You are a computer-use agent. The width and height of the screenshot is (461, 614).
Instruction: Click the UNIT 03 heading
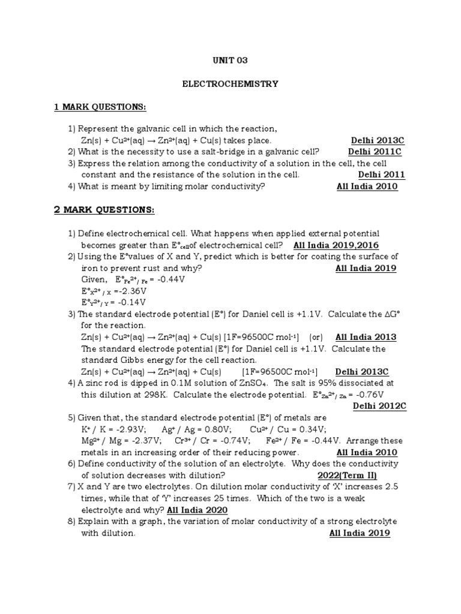[x=230, y=61]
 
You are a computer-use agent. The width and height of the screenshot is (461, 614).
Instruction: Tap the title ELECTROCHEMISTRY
[x=230, y=84]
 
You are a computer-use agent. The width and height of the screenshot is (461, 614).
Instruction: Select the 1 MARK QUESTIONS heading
[x=100, y=107]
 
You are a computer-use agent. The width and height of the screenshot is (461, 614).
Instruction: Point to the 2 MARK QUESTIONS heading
[x=104, y=210]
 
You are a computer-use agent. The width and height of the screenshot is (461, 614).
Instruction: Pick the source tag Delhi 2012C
[x=380, y=406]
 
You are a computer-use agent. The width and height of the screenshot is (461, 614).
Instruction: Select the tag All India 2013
[x=366, y=337]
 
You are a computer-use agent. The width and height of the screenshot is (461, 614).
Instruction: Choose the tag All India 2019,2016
[x=336, y=245]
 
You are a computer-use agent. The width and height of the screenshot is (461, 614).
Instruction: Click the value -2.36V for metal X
[x=132, y=291]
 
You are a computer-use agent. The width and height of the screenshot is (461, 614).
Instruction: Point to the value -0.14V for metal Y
[x=131, y=303]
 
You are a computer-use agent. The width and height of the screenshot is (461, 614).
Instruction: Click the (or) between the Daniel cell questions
[x=318, y=337]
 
